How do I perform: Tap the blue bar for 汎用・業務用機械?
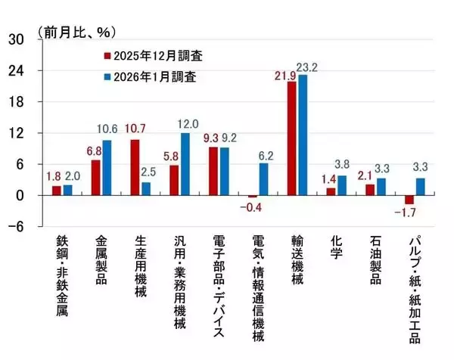[x=185, y=164]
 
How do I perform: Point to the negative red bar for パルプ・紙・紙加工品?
[x=409, y=200]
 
